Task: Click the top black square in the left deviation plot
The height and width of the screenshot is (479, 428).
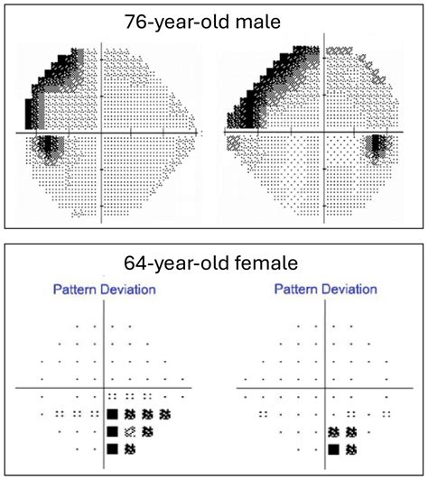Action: pos(113,414)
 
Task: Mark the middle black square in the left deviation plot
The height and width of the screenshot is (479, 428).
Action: pos(113,431)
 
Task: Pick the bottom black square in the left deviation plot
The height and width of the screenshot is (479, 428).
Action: pos(113,448)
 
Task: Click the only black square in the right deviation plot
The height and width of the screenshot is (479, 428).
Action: pos(333,448)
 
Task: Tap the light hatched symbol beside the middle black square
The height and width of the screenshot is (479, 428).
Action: pos(130,431)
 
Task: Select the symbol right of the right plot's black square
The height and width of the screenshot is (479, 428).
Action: pos(350,448)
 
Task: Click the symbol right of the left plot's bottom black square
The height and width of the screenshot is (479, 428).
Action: pos(130,448)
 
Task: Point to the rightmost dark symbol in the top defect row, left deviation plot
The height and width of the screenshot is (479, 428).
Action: pos(165,414)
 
